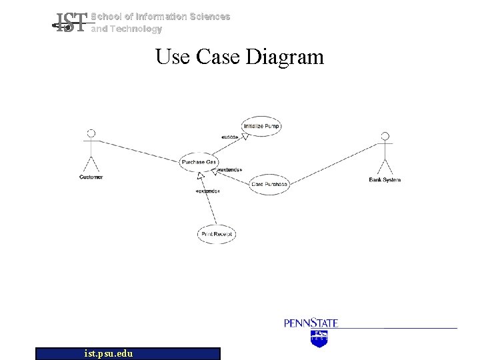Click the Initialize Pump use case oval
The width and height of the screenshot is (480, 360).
[262, 125]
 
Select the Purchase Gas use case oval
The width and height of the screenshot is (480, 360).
[198, 162]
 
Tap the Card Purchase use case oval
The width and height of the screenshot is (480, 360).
[269, 184]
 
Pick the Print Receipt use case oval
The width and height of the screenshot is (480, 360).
[217, 234]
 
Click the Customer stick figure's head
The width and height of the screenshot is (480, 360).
[91, 133]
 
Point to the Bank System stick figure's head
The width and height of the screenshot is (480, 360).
[384, 137]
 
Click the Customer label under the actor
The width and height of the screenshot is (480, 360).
[91, 177]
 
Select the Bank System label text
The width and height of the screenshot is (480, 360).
[385, 180]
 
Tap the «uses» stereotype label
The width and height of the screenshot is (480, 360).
[229, 137]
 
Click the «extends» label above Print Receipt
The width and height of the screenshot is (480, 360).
[207, 191]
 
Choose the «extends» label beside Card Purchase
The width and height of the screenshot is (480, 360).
[230, 170]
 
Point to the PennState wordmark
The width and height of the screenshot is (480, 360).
[311, 323]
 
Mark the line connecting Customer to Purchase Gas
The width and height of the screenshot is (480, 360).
[140, 151]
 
